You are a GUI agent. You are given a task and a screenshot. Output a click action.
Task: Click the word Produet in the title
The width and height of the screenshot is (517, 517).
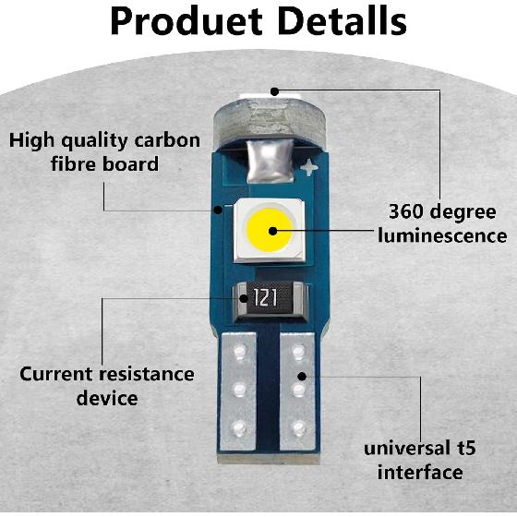(x=186, y=20)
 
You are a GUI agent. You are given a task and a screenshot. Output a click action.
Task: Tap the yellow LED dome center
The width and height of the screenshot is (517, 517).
(x=270, y=230)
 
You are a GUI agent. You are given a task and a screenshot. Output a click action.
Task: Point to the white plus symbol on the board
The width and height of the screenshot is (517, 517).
(x=309, y=167)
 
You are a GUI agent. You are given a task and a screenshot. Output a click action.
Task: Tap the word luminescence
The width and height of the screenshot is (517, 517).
(x=442, y=235)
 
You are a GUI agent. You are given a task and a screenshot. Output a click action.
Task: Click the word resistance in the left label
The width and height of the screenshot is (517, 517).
(x=147, y=374)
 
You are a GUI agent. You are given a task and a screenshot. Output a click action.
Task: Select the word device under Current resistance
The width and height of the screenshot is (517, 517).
(x=107, y=398)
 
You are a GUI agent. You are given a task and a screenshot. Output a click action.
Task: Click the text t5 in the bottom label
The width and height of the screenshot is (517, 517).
(x=466, y=448)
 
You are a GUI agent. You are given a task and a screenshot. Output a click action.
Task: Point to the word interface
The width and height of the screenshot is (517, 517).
(x=420, y=472)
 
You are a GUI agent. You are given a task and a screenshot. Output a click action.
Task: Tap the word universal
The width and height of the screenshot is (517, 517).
(x=407, y=449)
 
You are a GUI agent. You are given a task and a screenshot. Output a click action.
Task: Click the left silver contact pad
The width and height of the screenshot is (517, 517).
(x=238, y=391)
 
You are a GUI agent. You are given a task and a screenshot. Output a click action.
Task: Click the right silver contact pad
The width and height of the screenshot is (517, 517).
(x=297, y=391)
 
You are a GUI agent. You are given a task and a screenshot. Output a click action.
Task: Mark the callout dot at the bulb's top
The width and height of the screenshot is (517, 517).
(x=274, y=91)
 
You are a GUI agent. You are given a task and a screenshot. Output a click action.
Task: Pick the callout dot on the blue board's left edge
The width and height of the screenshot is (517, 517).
(x=218, y=210)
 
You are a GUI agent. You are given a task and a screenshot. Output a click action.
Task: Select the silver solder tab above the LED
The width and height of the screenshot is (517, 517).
(x=270, y=161)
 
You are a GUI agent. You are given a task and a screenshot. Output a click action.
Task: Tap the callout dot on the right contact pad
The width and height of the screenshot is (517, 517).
(x=302, y=377)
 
